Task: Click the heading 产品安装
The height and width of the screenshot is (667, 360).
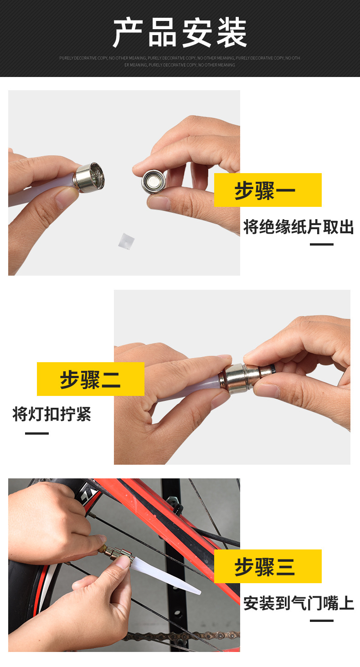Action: (x=180, y=32)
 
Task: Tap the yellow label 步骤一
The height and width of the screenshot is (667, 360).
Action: (x=267, y=190)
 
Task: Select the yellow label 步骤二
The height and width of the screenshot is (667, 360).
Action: (x=91, y=379)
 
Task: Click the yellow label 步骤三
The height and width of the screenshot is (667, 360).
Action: (x=267, y=566)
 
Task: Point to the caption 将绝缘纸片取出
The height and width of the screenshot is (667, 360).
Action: (x=298, y=227)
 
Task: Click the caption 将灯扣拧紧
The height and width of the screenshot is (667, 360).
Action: (x=51, y=414)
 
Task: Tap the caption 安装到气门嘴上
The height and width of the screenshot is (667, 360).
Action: (x=298, y=603)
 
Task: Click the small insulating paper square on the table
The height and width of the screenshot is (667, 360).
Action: (x=126, y=241)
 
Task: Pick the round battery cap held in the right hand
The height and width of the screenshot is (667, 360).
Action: (x=154, y=181)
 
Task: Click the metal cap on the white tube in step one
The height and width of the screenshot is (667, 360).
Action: (x=89, y=178)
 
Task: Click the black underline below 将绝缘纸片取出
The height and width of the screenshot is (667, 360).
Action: (x=322, y=245)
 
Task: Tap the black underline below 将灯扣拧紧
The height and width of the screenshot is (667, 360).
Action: (x=36, y=433)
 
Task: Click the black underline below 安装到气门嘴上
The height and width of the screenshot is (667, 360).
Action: (x=322, y=621)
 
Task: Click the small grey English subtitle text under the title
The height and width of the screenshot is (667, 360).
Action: (x=180, y=62)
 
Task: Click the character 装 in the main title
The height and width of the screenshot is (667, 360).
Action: (x=231, y=32)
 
